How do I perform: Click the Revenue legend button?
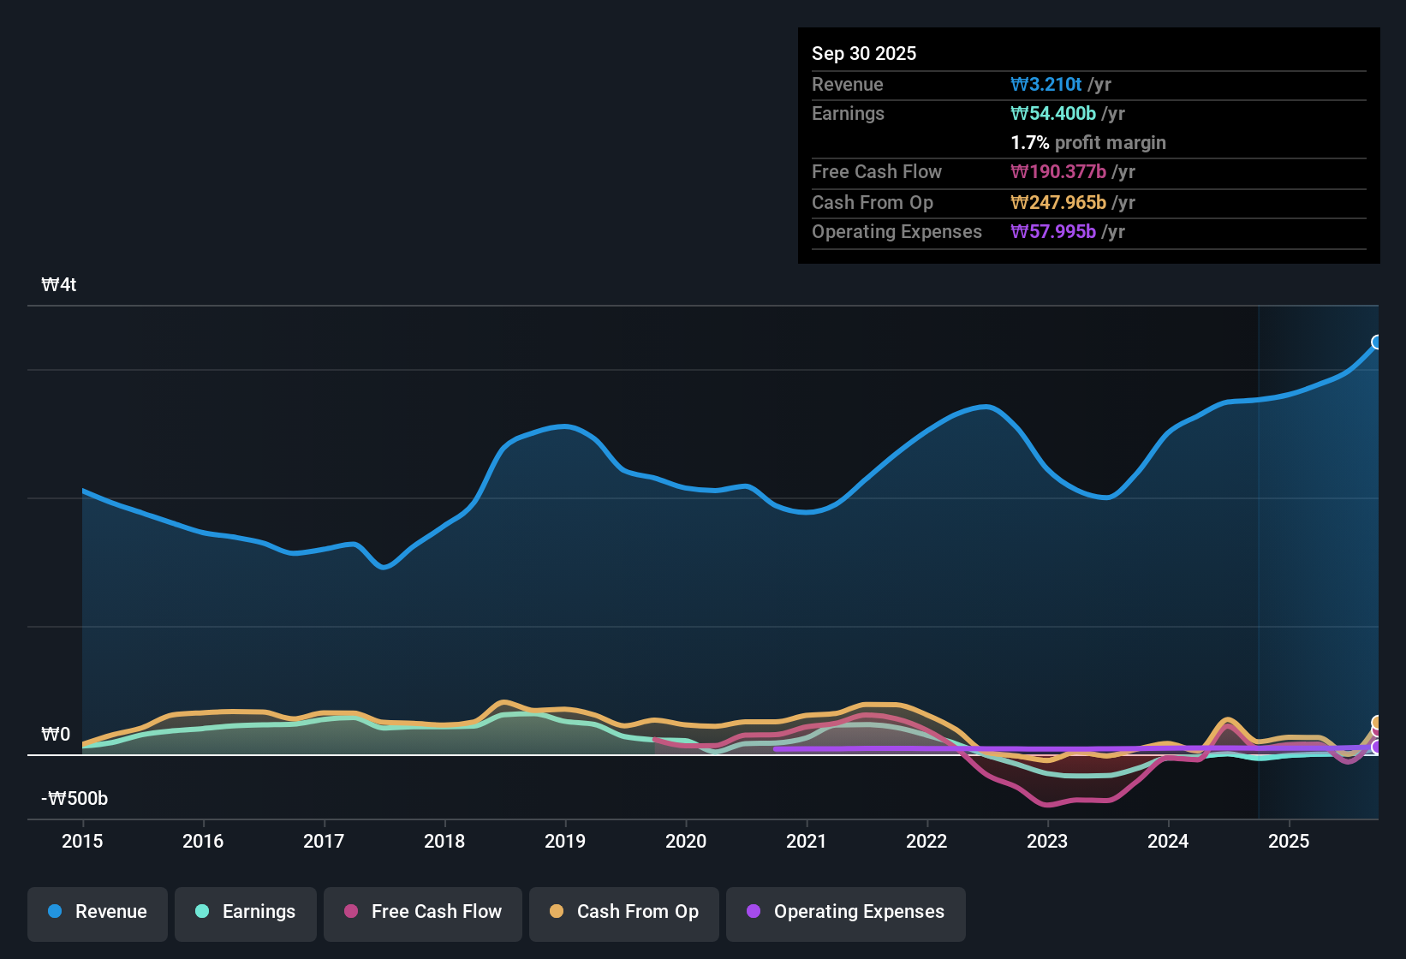pyautogui.click(x=98, y=912)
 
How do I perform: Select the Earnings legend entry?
pyautogui.click(x=246, y=912)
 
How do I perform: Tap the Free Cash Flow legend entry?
pyautogui.click(x=423, y=912)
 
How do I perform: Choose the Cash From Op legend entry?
pyautogui.click(x=624, y=912)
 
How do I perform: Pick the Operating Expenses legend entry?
pyautogui.click(x=846, y=912)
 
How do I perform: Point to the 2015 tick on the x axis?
pyautogui.click(x=82, y=841)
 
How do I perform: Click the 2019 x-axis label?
pyautogui.click(x=565, y=841)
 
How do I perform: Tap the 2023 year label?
pyautogui.click(x=1047, y=841)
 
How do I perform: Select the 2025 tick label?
pyautogui.click(x=1289, y=841)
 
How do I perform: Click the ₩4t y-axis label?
pyautogui.click(x=59, y=285)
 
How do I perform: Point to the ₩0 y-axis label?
pyautogui.click(x=56, y=735)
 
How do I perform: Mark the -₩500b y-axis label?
pyautogui.click(x=74, y=799)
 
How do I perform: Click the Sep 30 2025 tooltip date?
pyautogui.click(x=864, y=54)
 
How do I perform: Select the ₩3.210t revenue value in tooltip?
pyautogui.click(x=1046, y=85)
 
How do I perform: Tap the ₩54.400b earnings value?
pyautogui.click(x=1053, y=114)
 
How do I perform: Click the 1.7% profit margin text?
pyautogui.click(x=1088, y=143)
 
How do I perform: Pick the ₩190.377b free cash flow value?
pyautogui.click(x=1058, y=172)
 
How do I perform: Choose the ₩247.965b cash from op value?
pyautogui.click(x=1058, y=203)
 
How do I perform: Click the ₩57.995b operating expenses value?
pyautogui.click(x=1053, y=232)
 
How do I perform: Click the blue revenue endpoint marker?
pyautogui.click(x=1377, y=342)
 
